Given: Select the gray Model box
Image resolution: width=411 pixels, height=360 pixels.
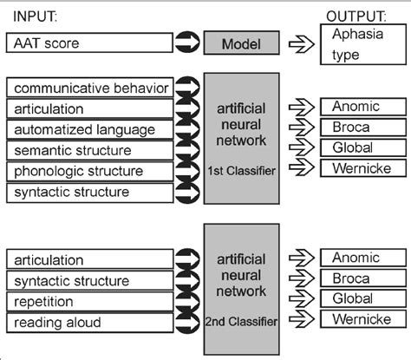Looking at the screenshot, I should [x=241, y=43].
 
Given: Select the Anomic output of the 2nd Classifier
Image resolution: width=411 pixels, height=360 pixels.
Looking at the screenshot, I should [x=362, y=258].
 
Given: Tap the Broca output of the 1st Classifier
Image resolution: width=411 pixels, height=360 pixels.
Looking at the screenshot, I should [x=362, y=126].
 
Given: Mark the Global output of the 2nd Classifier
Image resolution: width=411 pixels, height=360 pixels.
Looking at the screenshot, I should [x=362, y=298].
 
